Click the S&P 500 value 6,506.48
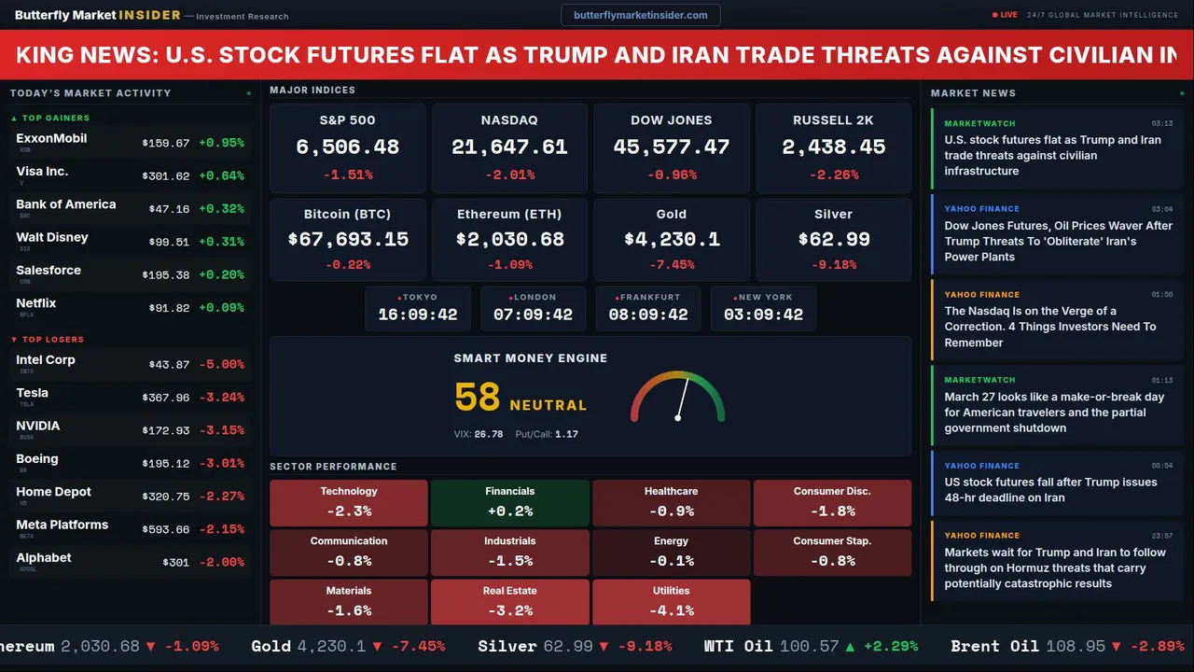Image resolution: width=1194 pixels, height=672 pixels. click(x=347, y=147)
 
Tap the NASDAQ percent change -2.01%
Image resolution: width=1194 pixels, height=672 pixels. click(x=509, y=175)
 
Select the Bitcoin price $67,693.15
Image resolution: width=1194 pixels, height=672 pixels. click(x=347, y=239)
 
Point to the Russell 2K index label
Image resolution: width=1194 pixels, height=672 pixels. click(x=833, y=120)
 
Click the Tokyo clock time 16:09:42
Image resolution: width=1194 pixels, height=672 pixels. click(x=417, y=315)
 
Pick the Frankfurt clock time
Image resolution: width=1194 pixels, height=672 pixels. click(x=647, y=315)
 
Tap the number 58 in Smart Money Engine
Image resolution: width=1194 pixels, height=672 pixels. click(x=478, y=398)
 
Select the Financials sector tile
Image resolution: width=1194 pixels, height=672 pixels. click(x=509, y=503)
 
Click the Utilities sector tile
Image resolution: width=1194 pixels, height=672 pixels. click(x=671, y=602)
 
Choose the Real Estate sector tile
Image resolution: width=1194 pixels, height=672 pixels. click(x=509, y=602)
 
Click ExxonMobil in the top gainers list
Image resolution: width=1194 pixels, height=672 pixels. click(x=51, y=138)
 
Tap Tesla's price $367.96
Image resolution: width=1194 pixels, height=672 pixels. click(x=165, y=398)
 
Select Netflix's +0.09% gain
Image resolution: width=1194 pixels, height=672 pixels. click(x=221, y=307)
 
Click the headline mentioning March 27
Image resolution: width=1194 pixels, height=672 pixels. click(x=1053, y=413)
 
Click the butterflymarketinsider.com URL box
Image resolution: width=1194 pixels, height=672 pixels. click(x=640, y=15)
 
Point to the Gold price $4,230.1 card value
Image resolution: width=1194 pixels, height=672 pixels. click(x=672, y=239)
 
